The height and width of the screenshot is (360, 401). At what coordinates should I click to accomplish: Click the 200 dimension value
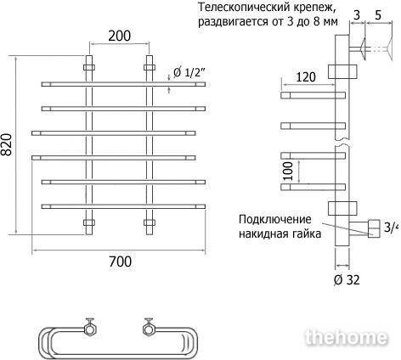[120, 36]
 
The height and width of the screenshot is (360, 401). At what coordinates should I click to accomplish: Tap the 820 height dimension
[7, 144]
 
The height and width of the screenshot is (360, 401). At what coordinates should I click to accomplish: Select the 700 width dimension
[121, 262]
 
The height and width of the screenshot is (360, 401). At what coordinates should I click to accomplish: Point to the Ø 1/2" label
[189, 73]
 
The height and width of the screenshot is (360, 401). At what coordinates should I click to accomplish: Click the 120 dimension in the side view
[306, 77]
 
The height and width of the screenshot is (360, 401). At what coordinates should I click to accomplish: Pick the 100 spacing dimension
[288, 171]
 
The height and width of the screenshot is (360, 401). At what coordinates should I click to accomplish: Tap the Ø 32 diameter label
[347, 280]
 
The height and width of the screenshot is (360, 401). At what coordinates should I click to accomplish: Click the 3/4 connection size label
[392, 228]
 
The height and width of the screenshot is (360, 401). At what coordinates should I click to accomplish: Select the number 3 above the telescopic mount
[357, 15]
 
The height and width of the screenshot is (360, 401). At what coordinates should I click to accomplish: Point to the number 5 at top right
[378, 15]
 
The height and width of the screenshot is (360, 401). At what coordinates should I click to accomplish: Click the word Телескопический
[240, 8]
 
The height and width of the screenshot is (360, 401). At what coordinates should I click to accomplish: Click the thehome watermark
[346, 337]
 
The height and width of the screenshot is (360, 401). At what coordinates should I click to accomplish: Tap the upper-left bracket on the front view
[89, 68]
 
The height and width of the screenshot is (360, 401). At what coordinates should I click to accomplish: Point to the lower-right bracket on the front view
[150, 222]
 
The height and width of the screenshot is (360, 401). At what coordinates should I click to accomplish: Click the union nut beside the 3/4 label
[374, 228]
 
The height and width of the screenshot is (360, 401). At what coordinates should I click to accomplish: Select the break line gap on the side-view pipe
[342, 143]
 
